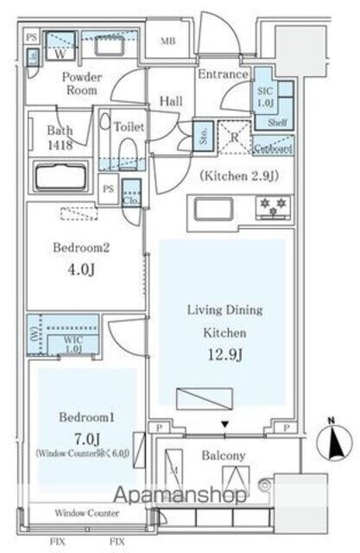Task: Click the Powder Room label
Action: (81, 84)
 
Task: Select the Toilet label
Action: (129, 126)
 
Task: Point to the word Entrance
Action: (223, 74)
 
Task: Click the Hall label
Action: (170, 101)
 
